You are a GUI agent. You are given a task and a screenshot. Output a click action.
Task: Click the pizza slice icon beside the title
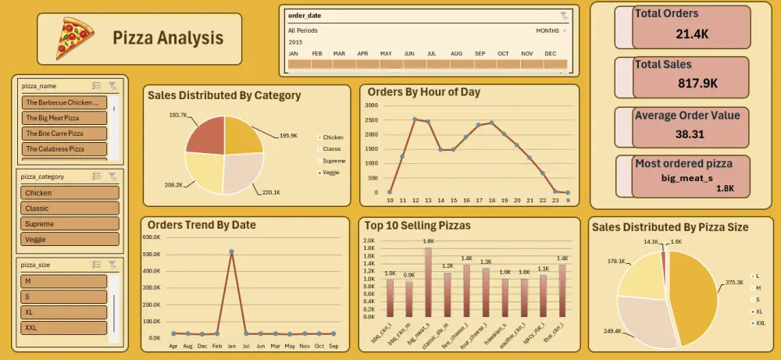tap(75, 39)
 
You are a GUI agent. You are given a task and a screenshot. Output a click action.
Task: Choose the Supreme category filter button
tap(70, 224)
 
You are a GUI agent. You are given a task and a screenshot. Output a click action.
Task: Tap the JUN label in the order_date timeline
tap(409, 53)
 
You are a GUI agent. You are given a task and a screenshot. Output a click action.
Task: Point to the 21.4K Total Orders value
tap(691, 33)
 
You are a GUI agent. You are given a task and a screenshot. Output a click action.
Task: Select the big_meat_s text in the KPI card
tap(686, 178)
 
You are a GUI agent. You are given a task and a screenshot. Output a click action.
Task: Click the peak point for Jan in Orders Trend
tap(232, 251)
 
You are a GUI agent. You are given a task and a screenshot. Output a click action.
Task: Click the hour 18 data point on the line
tap(491, 123)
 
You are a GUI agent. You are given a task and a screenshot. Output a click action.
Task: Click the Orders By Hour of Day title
tap(423, 92)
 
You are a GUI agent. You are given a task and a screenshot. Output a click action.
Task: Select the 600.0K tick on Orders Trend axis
tap(151, 237)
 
